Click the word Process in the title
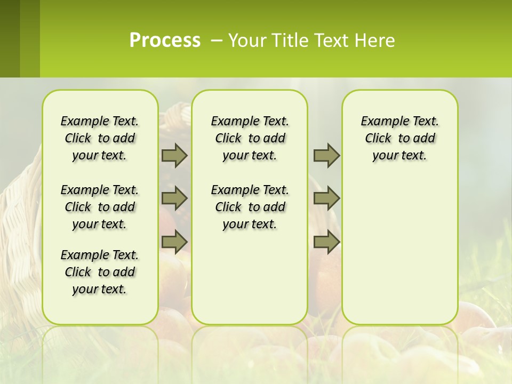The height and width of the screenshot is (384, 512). (165, 41)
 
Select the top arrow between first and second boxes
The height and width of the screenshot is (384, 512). (174, 155)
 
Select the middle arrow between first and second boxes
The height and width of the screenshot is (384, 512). (174, 198)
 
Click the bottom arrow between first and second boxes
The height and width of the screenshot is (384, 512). (174, 242)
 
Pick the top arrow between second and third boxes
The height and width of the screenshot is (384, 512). (326, 155)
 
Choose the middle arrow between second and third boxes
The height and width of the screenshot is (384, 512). (326, 198)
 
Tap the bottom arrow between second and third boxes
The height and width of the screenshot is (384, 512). (326, 242)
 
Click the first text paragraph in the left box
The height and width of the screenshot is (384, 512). (100, 138)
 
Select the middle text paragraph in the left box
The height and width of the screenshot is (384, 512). (100, 207)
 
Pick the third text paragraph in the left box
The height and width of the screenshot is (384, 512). (100, 272)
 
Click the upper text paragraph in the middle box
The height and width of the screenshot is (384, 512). (250, 138)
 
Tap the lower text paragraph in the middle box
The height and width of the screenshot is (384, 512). (250, 207)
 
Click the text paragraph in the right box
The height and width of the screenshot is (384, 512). (400, 138)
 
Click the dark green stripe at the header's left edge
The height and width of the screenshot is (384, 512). (10, 38)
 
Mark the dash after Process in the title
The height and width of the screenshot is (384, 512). (217, 41)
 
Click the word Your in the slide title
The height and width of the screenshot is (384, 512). (245, 41)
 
